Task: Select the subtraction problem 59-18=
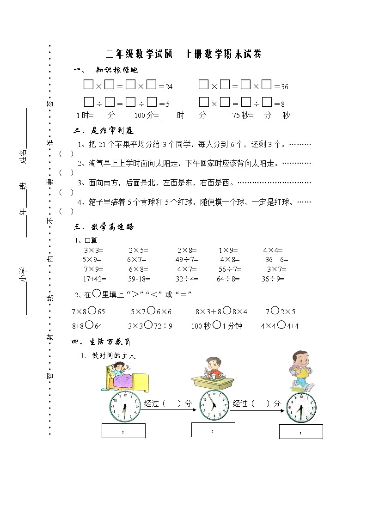pyautogui.click(x=140, y=279)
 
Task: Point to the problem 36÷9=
pyautogui.click(x=273, y=279)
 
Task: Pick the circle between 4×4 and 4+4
pyautogui.click(x=281, y=325)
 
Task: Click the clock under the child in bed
pyautogui.click(x=124, y=406)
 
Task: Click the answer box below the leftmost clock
pyautogui.click(x=123, y=430)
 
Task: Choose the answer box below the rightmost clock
pyautogui.click(x=301, y=432)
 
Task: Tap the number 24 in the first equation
pyautogui.click(x=169, y=86)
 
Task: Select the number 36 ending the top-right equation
pyautogui.click(x=285, y=86)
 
